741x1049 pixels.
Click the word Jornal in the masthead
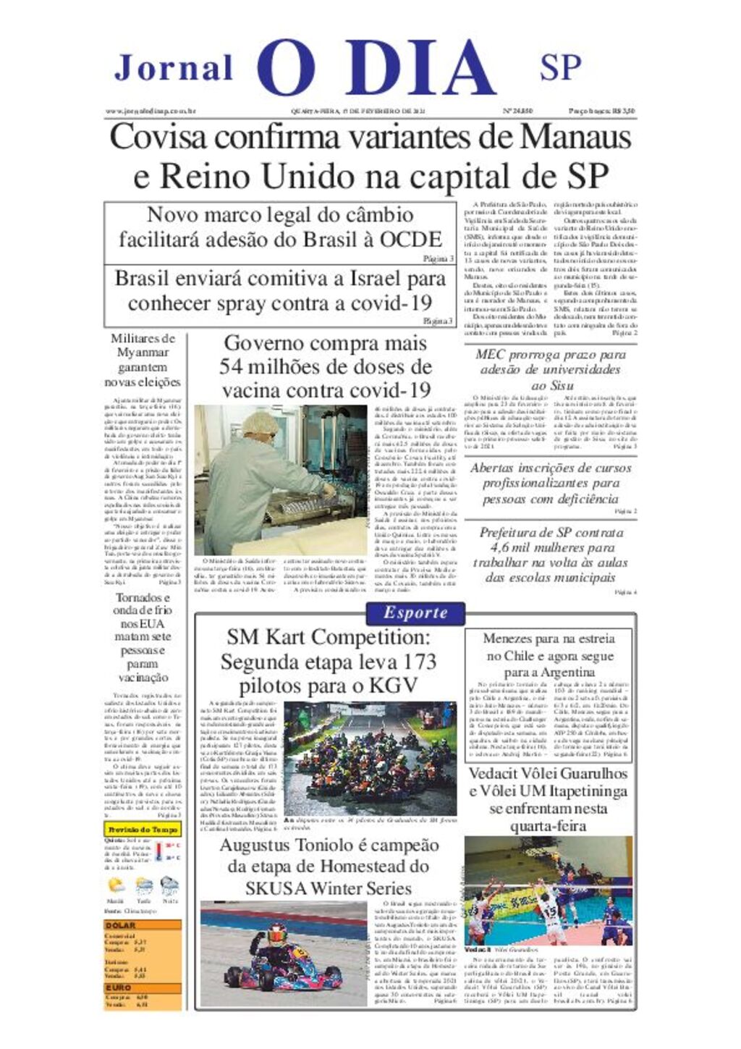(x=174, y=68)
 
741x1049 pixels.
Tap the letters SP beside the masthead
(x=560, y=67)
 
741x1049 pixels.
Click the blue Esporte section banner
(x=415, y=612)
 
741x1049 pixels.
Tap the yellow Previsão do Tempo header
(x=143, y=829)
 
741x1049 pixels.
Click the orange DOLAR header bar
(x=143, y=925)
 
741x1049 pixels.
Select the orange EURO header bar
(x=143, y=987)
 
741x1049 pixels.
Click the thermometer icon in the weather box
(x=159, y=852)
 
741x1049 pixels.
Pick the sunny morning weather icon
(x=116, y=885)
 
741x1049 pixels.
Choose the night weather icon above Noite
(x=169, y=885)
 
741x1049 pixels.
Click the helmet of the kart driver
(x=277, y=935)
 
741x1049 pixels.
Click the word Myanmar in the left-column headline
(x=143, y=353)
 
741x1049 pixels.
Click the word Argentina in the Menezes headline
(x=559, y=673)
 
